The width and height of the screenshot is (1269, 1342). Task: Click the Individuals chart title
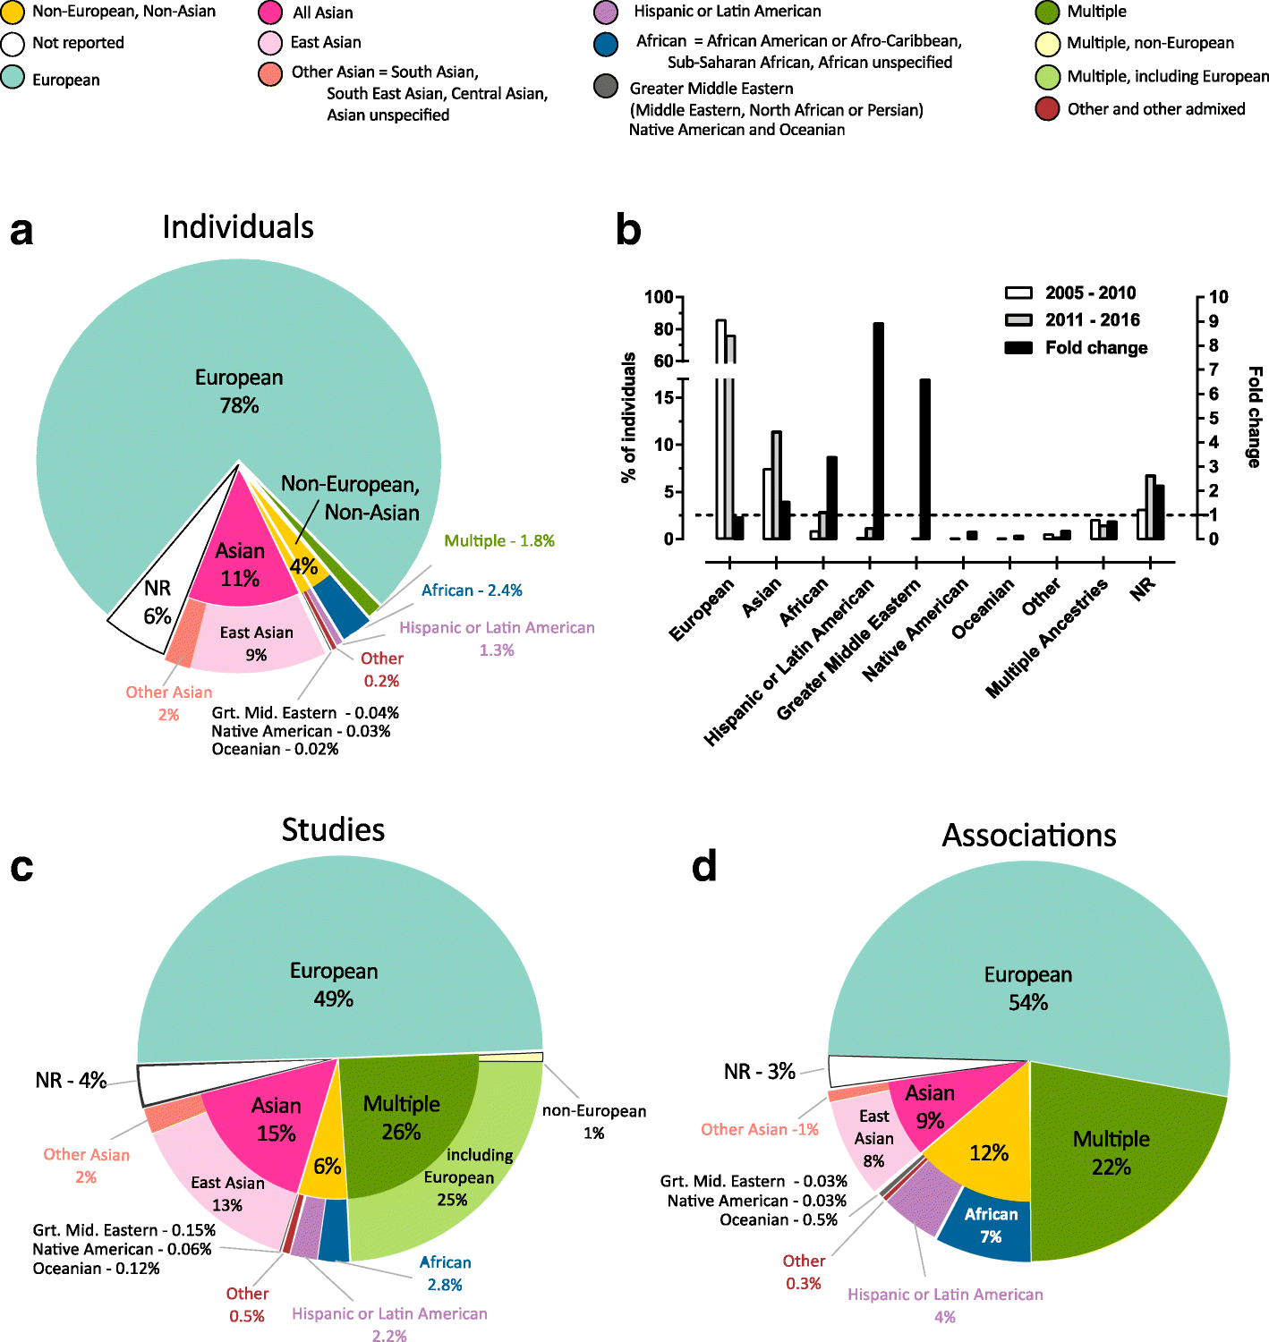click(238, 227)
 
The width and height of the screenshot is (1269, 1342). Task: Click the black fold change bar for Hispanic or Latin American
click(878, 430)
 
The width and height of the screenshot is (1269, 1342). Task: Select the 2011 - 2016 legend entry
click(1074, 320)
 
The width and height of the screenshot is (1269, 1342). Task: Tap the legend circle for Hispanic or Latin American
click(606, 13)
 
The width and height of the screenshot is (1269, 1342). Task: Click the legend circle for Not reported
click(13, 44)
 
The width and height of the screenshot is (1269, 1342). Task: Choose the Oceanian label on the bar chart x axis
click(983, 609)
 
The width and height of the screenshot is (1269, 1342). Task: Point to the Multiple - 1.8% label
click(499, 541)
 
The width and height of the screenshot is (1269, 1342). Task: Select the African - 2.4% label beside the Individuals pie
click(472, 590)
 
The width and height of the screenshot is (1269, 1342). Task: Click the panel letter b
click(628, 230)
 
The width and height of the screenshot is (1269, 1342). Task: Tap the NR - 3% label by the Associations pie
click(759, 1072)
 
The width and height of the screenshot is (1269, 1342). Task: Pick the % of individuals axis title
click(628, 418)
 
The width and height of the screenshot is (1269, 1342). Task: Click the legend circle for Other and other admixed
click(1047, 109)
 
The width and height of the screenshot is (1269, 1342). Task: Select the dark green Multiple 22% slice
click(1119, 1163)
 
